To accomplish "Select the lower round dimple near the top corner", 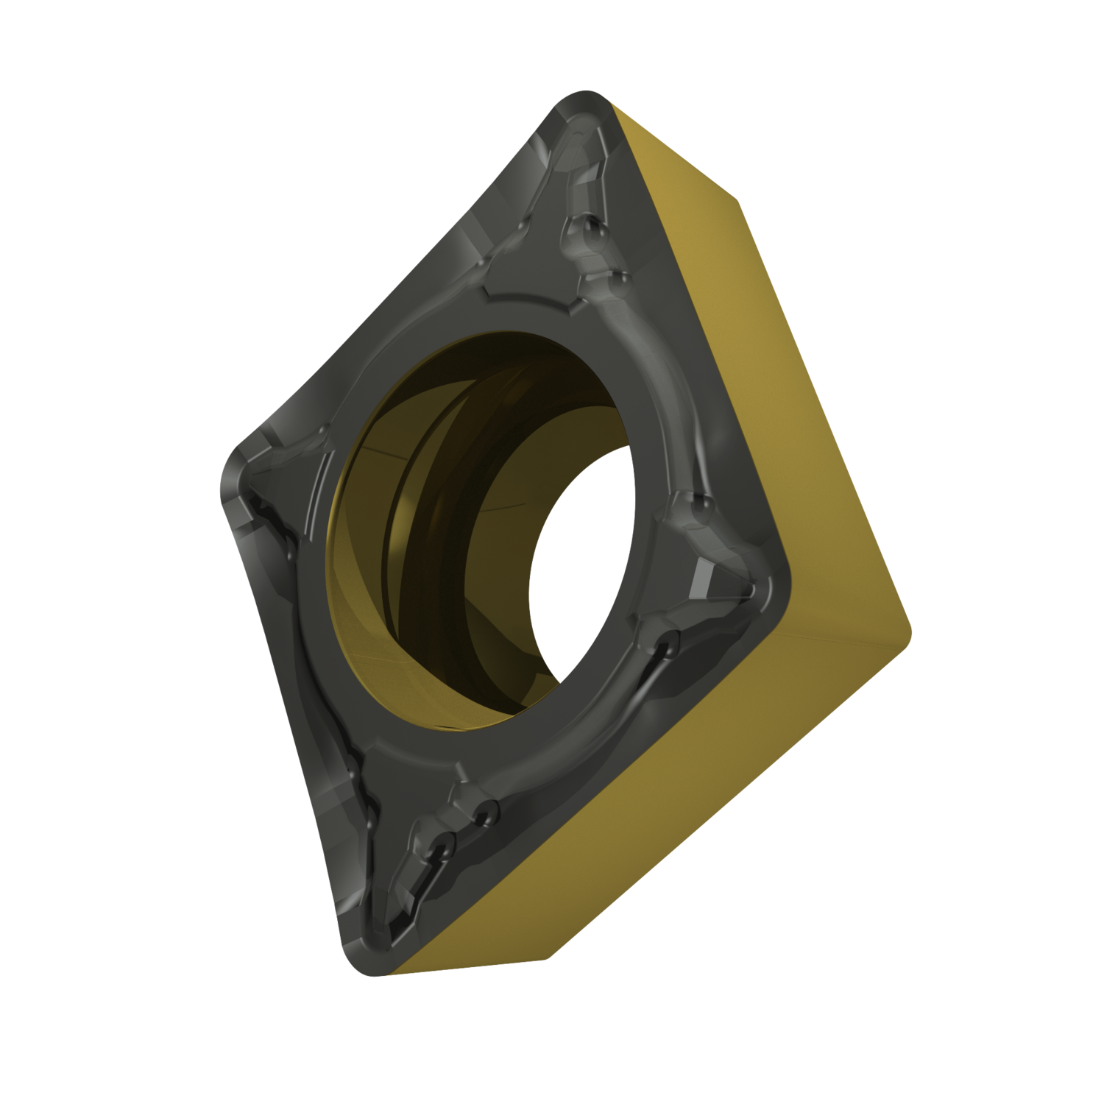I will pyautogui.click(x=618, y=279).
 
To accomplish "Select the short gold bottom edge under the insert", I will pyautogui.click(x=471, y=968).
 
